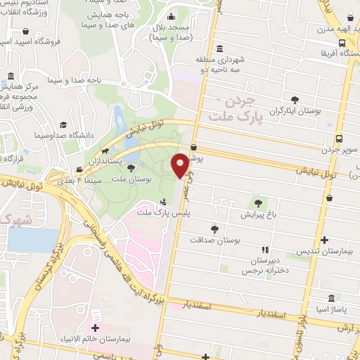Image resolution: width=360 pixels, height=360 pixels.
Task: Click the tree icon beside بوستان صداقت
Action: pos(215,228)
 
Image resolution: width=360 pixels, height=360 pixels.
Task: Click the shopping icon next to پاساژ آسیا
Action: pos(331,298)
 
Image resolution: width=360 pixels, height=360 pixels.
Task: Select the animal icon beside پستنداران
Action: pos(105,151)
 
